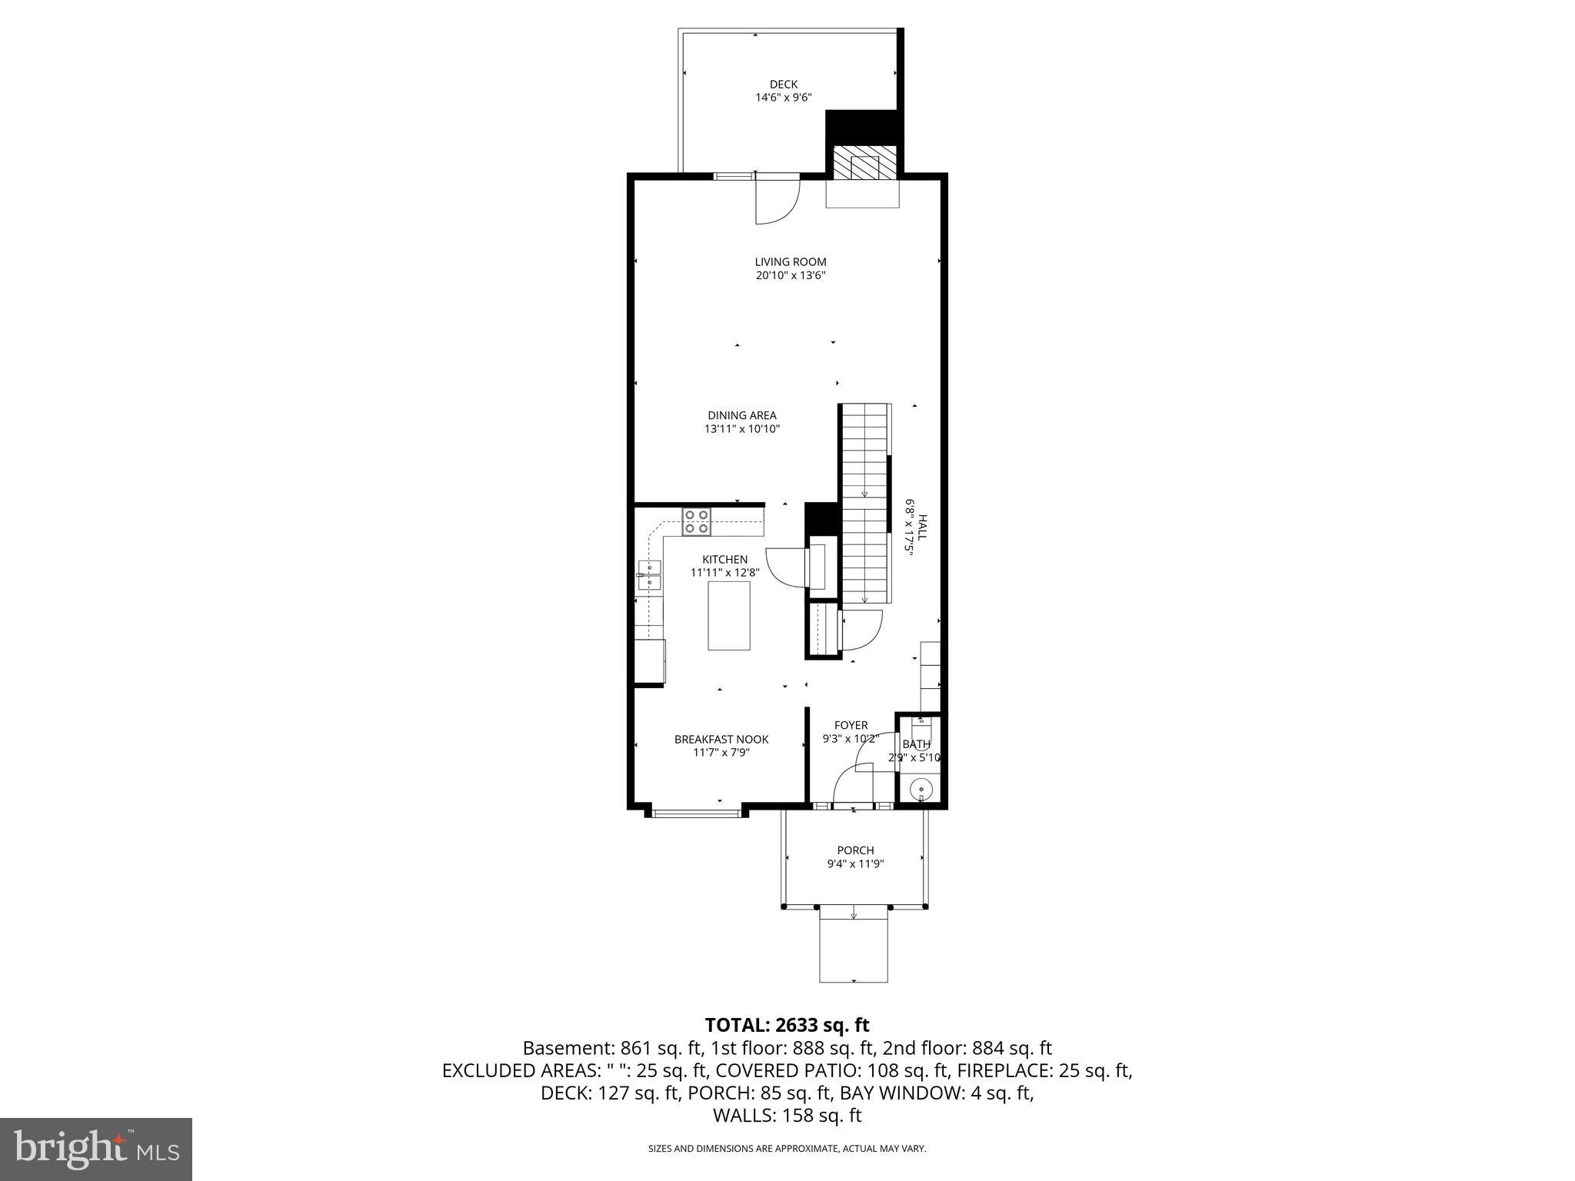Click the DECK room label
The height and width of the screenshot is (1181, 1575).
pos(784,85)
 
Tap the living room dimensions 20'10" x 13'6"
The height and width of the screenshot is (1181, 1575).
pos(790,275)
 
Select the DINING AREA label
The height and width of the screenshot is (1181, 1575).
pos(742,416)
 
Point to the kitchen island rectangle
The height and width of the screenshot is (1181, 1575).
pos(728,616)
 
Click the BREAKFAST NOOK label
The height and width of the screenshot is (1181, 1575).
pos(721,740)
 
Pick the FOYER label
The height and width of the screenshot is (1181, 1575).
pos(851,725)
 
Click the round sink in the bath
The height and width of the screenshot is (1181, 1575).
pos(921,790)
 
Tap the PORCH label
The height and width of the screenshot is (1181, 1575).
pos(855,850)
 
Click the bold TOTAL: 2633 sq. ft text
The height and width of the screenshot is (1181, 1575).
pos(787,1025)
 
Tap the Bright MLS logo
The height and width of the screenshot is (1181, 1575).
pos(96,1149)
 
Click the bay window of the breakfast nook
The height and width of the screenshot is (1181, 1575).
pos(696,813)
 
